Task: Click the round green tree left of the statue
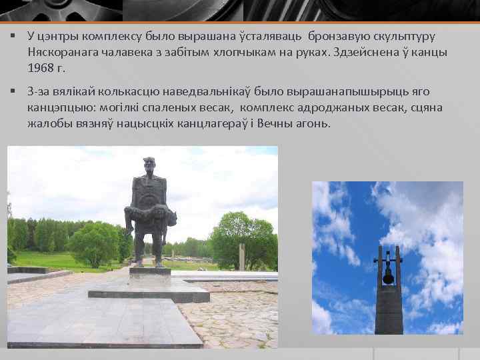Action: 93,243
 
